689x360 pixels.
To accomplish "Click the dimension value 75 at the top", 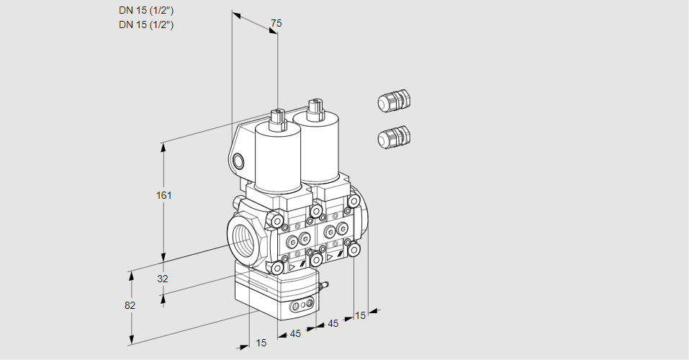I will (276, 23).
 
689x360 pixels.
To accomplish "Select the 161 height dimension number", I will (165, 195).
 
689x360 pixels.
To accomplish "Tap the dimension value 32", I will (162, 279).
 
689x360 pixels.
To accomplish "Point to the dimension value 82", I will (130, 305).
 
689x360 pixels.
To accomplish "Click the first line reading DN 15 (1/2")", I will (146, 10).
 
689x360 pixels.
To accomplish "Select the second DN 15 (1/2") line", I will (146, 24).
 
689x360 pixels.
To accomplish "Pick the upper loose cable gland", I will (393, 102).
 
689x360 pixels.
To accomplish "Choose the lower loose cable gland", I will (393, 137).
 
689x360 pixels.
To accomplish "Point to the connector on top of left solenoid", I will (278, 119).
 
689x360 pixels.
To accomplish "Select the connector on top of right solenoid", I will (314, 109).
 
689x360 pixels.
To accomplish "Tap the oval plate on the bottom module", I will (300, 308).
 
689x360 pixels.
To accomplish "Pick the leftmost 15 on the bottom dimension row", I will (261, 343).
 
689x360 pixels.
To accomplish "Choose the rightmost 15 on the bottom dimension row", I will (361, 315).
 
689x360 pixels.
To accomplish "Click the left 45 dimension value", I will (295, 333).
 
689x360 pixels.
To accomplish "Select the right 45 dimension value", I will (333, 323).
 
